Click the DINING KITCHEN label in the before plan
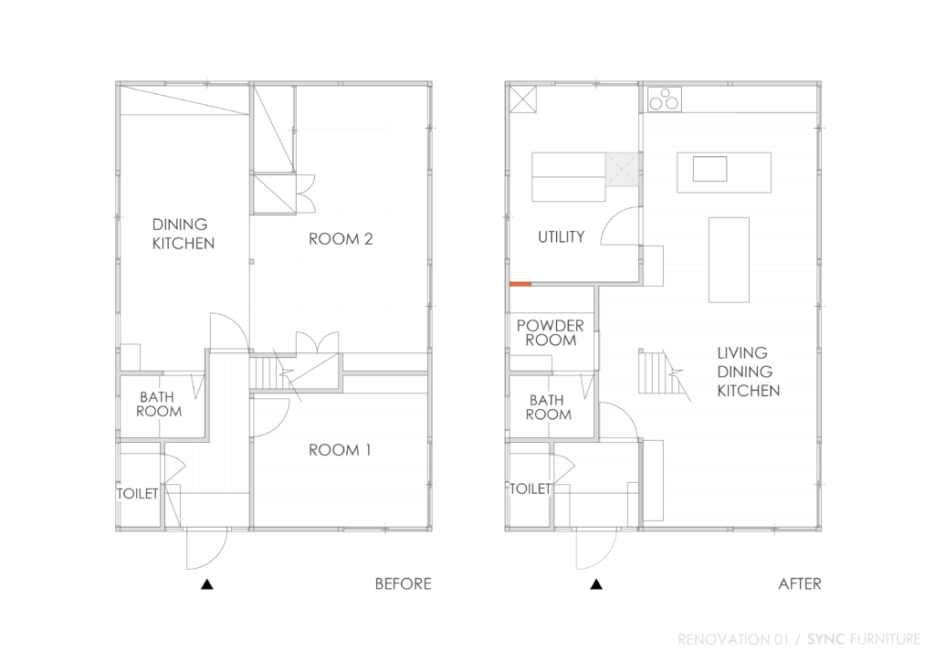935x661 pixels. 184,234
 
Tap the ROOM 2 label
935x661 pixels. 341,239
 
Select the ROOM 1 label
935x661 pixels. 340,450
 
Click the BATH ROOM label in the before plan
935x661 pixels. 159,404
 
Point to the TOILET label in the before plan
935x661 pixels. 138,494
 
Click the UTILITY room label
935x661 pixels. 561,237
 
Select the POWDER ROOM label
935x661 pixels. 551,333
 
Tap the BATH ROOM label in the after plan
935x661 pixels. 549,407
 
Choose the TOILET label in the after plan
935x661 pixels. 531,489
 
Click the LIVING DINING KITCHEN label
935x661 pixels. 748,372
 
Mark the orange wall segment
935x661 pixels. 520,284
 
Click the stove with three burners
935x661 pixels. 664,99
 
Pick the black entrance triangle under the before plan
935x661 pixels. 207,584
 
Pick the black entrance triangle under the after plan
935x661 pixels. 596,584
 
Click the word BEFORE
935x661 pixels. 403,584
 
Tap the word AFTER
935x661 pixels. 799,584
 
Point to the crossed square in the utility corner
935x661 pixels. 525,99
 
